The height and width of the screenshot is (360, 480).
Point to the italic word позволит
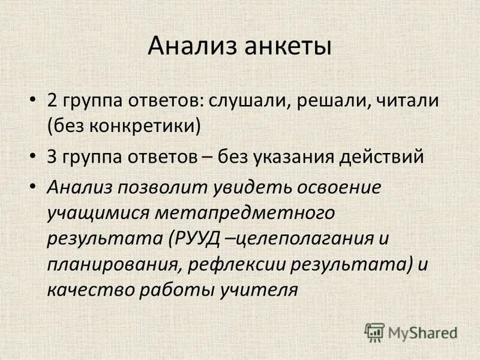pyautogui.click(x=158, y=187)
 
